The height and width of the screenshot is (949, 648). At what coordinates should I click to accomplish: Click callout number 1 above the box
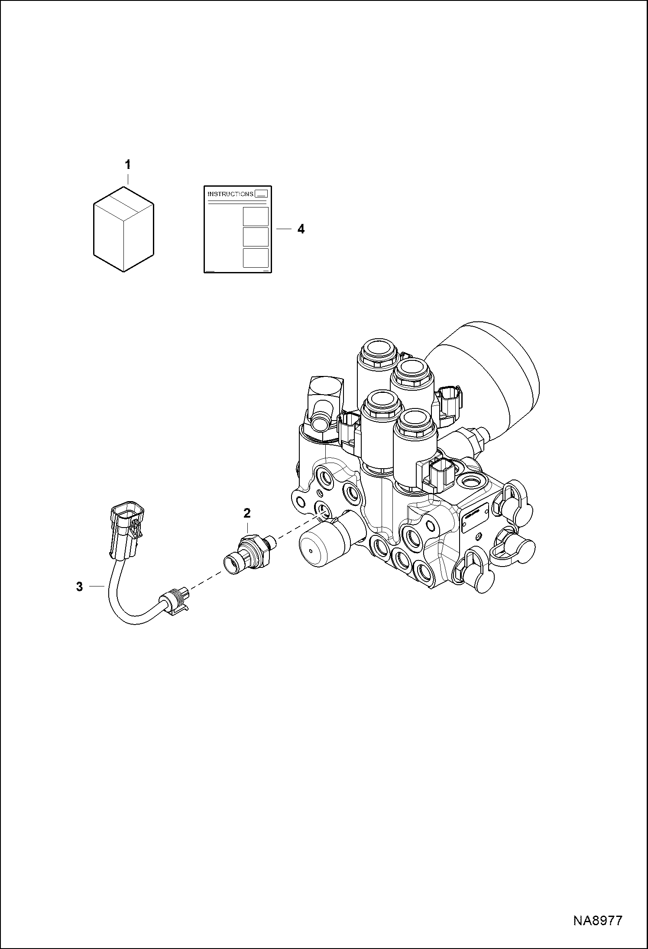coord(128,165)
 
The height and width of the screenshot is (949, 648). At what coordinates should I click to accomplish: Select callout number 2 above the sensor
coord(247,514)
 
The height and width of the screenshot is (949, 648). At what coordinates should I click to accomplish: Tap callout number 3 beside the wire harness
coord(79,587)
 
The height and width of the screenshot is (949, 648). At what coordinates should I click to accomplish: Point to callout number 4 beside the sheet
coord(301,229)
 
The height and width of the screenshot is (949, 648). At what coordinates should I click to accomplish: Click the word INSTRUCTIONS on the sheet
coord(230,194)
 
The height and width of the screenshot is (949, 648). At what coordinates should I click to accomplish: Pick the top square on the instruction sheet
coord(256,216)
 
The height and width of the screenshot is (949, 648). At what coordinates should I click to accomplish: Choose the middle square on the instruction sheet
coord(256,236)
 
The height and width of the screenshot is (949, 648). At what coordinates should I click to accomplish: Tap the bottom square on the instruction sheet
coord(256,257)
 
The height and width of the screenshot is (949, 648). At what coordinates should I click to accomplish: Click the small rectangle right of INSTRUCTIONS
coord(262,194)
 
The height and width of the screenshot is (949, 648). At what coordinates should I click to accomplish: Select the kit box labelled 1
coord(124,229)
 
